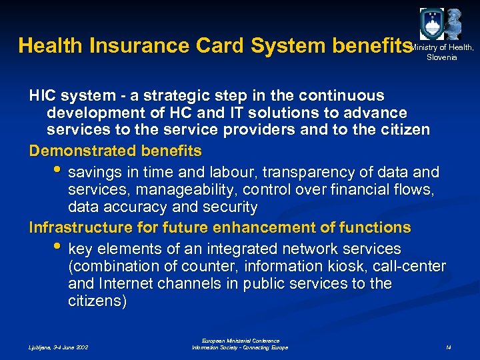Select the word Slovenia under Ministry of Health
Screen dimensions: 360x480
tap(442, 57)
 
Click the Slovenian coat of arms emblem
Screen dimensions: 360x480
tap(431, 24)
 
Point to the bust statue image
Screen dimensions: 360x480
tap(455, 23)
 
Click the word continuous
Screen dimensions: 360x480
tap(346, 96)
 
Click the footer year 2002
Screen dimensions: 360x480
tap(79, 347)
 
